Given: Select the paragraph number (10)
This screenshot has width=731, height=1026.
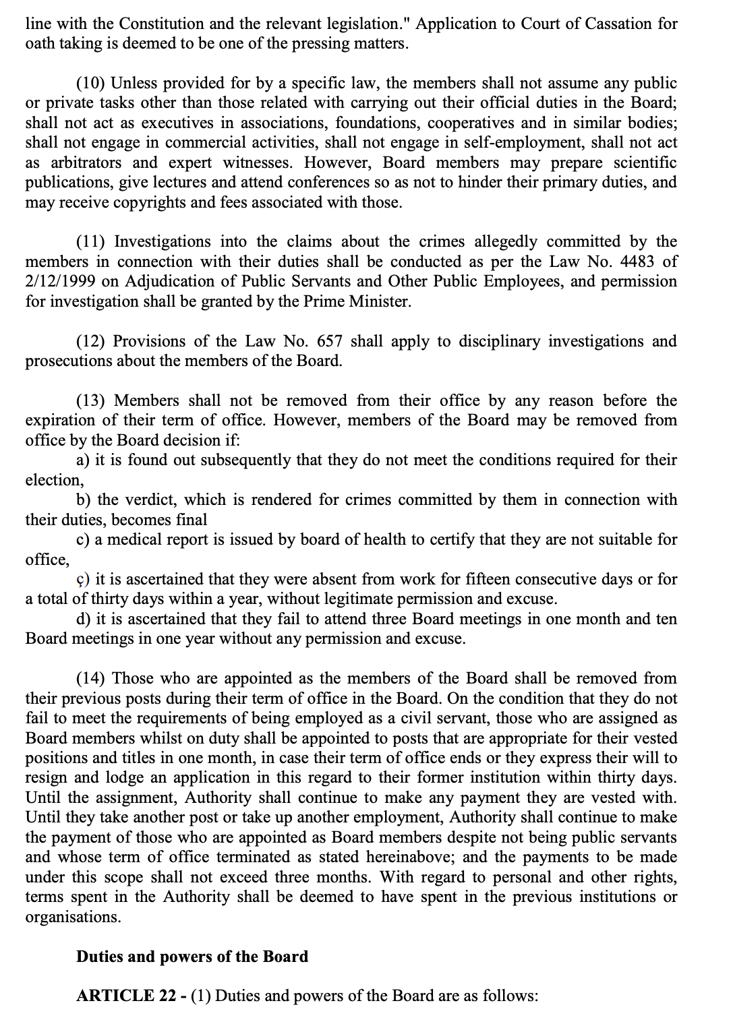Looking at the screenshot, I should (90, 84).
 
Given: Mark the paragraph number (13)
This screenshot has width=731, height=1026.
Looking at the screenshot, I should (90, 401).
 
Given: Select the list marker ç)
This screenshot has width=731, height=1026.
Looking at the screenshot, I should (83, 580).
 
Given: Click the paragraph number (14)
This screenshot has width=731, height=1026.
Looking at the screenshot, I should (90, 679).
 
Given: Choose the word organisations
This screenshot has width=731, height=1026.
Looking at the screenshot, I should (68, 917).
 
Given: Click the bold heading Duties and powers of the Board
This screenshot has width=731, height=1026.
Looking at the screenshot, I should (192, 957).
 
